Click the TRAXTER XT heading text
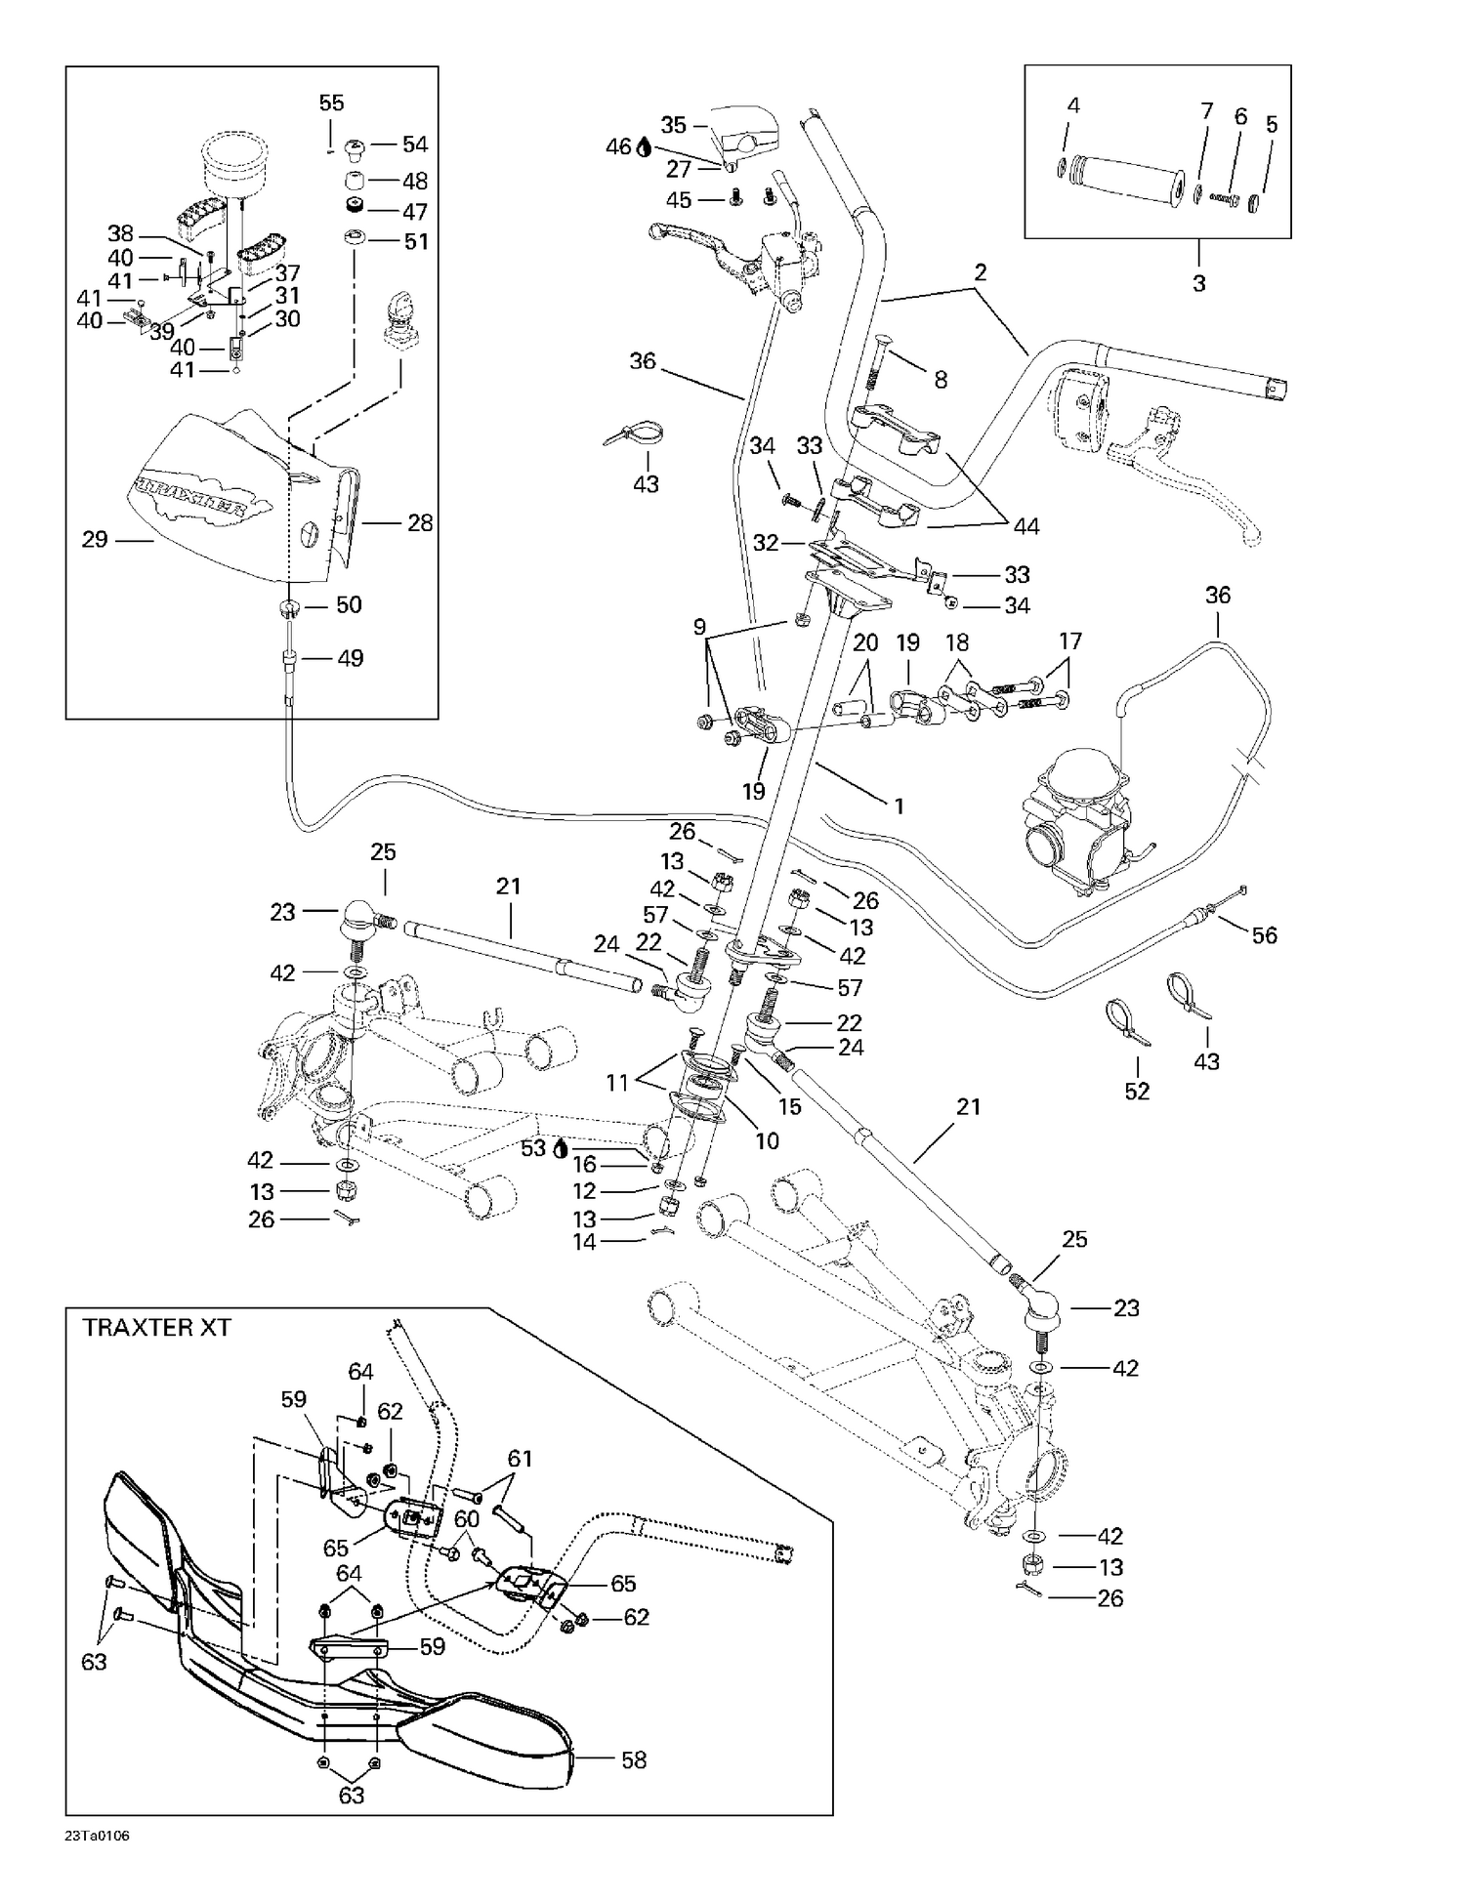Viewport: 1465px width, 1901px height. pos(156,1328)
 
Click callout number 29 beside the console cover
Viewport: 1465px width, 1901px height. pos(95,539)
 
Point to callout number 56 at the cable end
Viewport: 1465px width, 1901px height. pos(1265,935)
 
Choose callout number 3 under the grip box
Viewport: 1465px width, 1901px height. pos(1199,284)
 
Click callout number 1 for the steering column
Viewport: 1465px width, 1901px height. pos(899,806)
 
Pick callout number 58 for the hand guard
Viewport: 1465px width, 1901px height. pos(634,1759)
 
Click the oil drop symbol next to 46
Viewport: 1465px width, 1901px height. pos(644,148)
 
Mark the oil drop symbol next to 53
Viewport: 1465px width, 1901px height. pos(560,1149)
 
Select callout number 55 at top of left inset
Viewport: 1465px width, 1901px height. pos(332,103)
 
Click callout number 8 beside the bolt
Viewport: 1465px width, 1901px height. pos(941,380)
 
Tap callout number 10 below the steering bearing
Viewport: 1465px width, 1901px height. pos(767,1140)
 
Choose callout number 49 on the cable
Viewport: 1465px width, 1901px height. pos(350,658)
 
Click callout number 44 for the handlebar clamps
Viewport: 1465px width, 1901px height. pos(1025,526)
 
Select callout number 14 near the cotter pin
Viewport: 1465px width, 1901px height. pos(584,1242)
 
